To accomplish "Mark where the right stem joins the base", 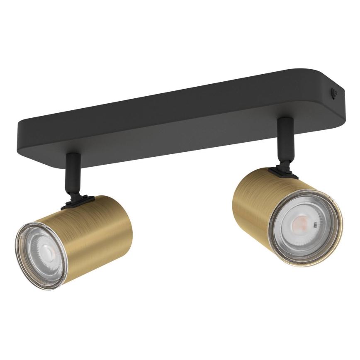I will [285, 121].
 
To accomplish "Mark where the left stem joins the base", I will [73, 156].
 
